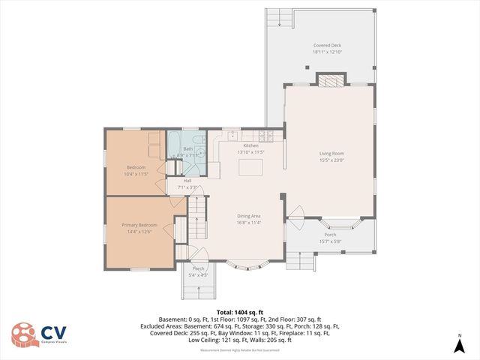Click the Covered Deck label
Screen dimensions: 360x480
coord(327,46)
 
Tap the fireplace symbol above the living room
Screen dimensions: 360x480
coord(331,79)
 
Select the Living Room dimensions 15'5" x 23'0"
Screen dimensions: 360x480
coord(331,159)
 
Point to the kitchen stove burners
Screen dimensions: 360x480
coord(265,136)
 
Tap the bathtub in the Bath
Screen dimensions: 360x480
coord(174,143)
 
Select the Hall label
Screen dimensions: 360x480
coord(187,181)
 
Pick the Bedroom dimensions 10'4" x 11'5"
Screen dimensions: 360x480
coord(136,173)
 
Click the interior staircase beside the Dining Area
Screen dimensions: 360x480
coord(197,216)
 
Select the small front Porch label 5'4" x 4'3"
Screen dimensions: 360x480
coord(198,271)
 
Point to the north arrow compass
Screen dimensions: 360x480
coord(459,344)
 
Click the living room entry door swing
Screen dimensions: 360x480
coord(295,214)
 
